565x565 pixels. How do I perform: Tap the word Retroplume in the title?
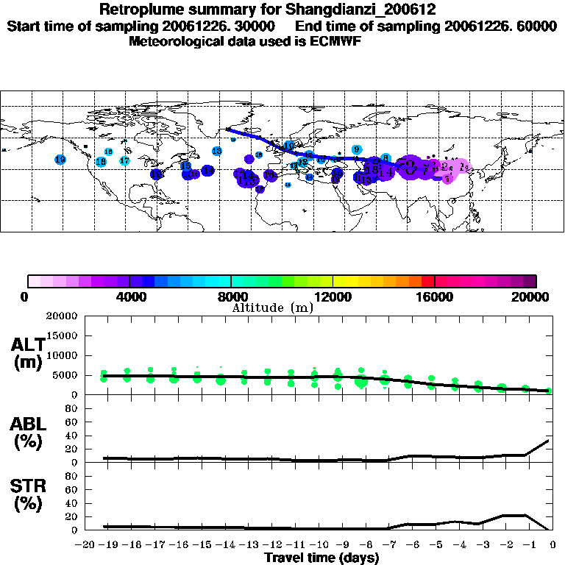[138, 10]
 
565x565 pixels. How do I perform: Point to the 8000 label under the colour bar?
[231, 296]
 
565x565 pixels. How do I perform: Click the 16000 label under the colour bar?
[435, 296]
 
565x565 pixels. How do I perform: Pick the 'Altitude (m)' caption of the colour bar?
[273, 308]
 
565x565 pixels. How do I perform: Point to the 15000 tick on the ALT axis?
[63, 335]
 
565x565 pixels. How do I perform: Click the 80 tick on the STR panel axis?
[72, 475]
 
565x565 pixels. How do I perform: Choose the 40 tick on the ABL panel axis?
[72, 435]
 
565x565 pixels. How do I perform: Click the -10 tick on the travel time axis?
[318, 545]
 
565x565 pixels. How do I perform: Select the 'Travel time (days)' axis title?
[321, 558]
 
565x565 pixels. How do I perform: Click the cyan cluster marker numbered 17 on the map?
[124, 160]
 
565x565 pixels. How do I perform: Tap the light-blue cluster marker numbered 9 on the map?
[356, 150]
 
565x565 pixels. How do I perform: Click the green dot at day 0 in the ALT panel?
[550, 391]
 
